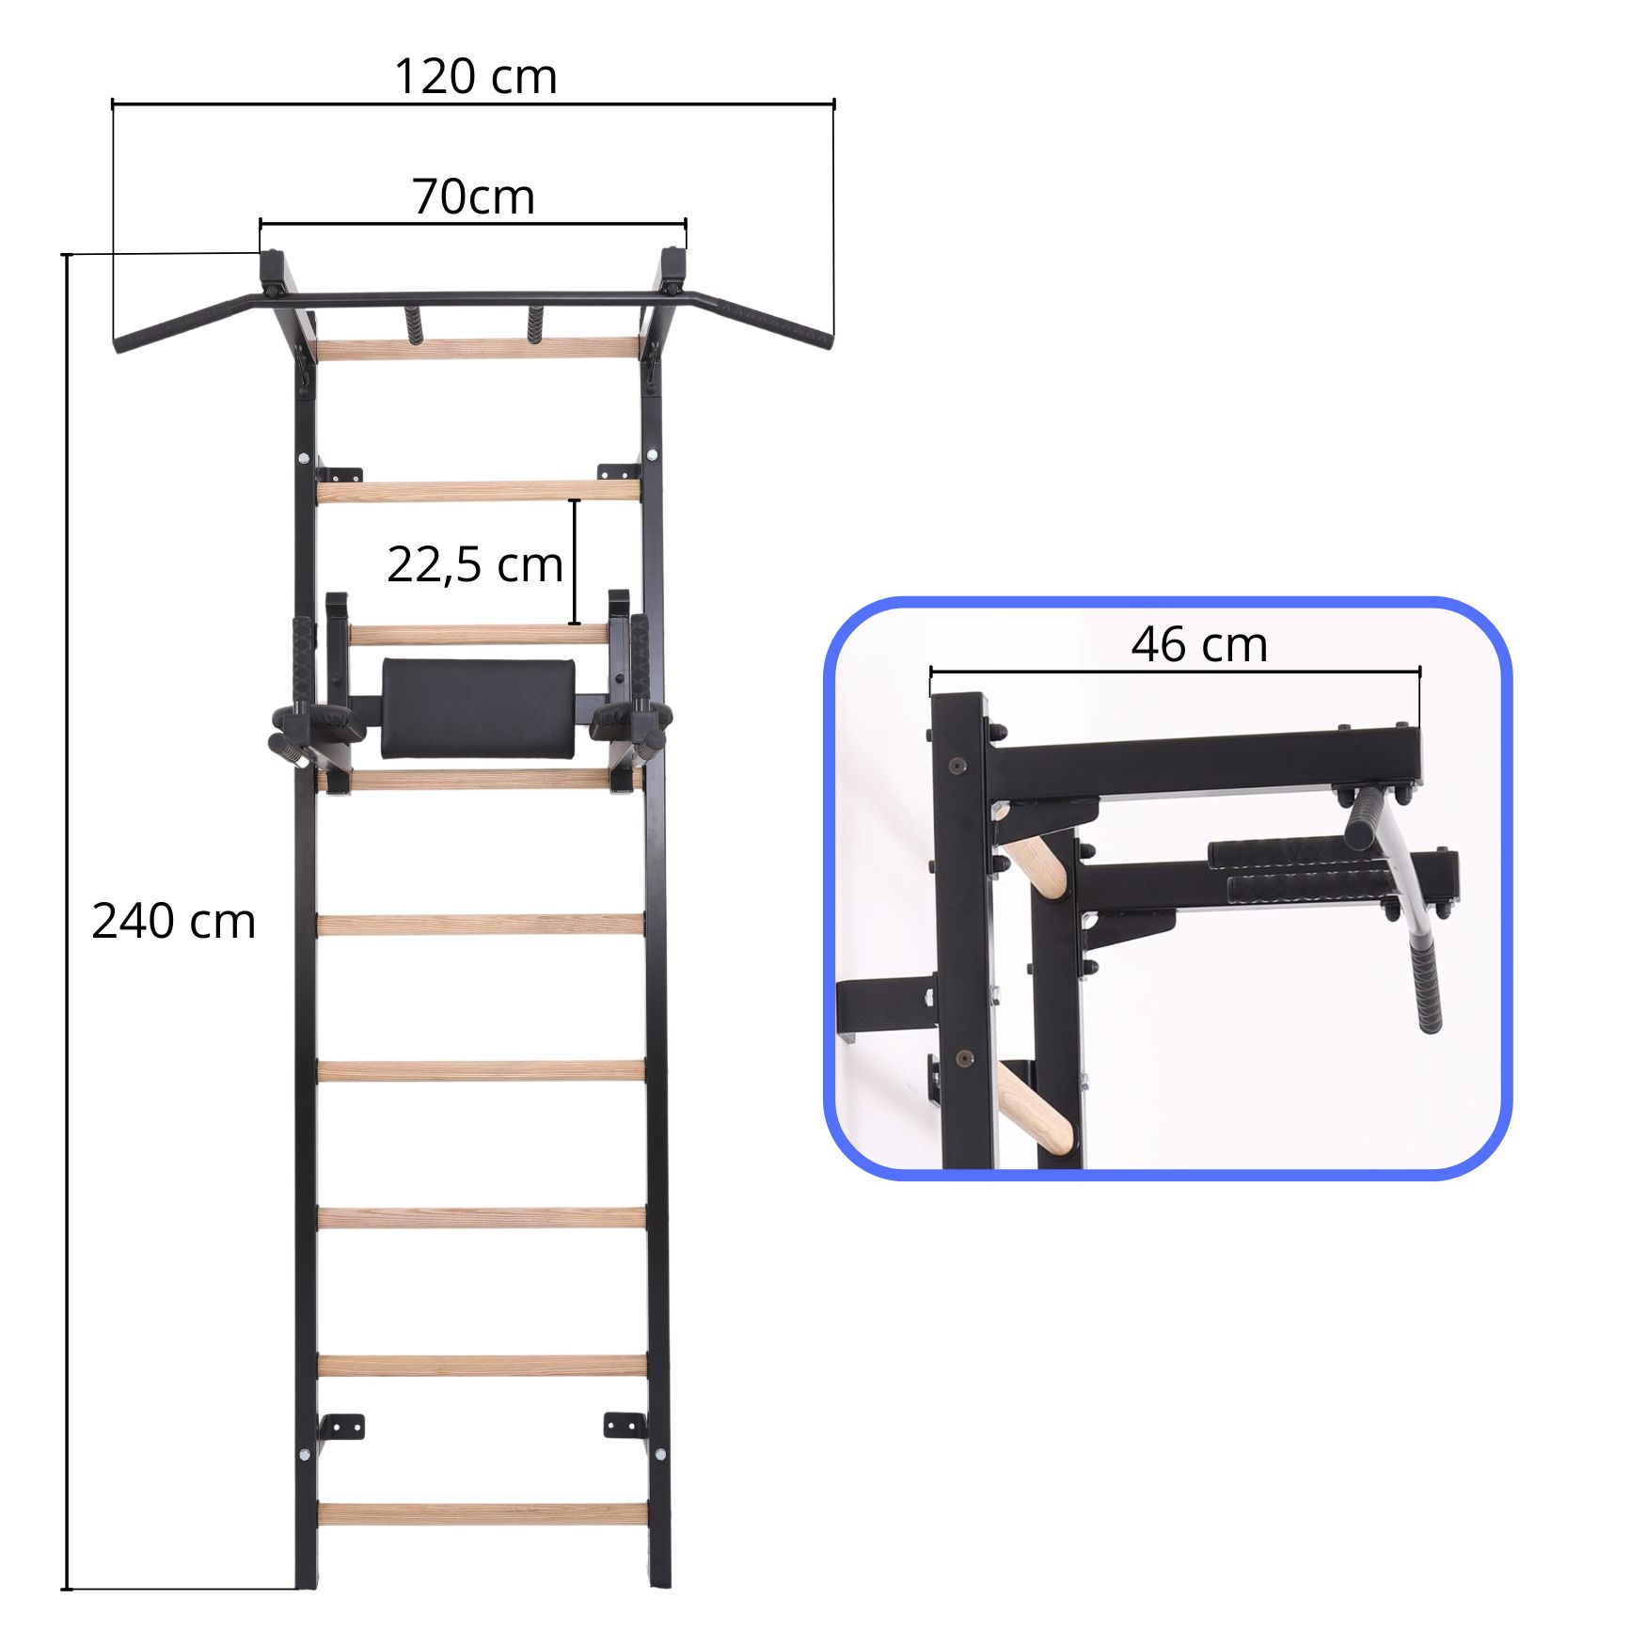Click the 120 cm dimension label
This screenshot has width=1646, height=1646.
475,76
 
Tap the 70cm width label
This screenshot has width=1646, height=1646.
473,197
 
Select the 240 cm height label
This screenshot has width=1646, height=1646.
174,921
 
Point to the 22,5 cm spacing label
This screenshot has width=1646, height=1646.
475,564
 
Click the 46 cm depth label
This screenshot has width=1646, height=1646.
1199,644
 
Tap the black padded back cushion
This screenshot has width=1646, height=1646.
479,707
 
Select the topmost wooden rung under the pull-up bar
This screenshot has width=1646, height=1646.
478,349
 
